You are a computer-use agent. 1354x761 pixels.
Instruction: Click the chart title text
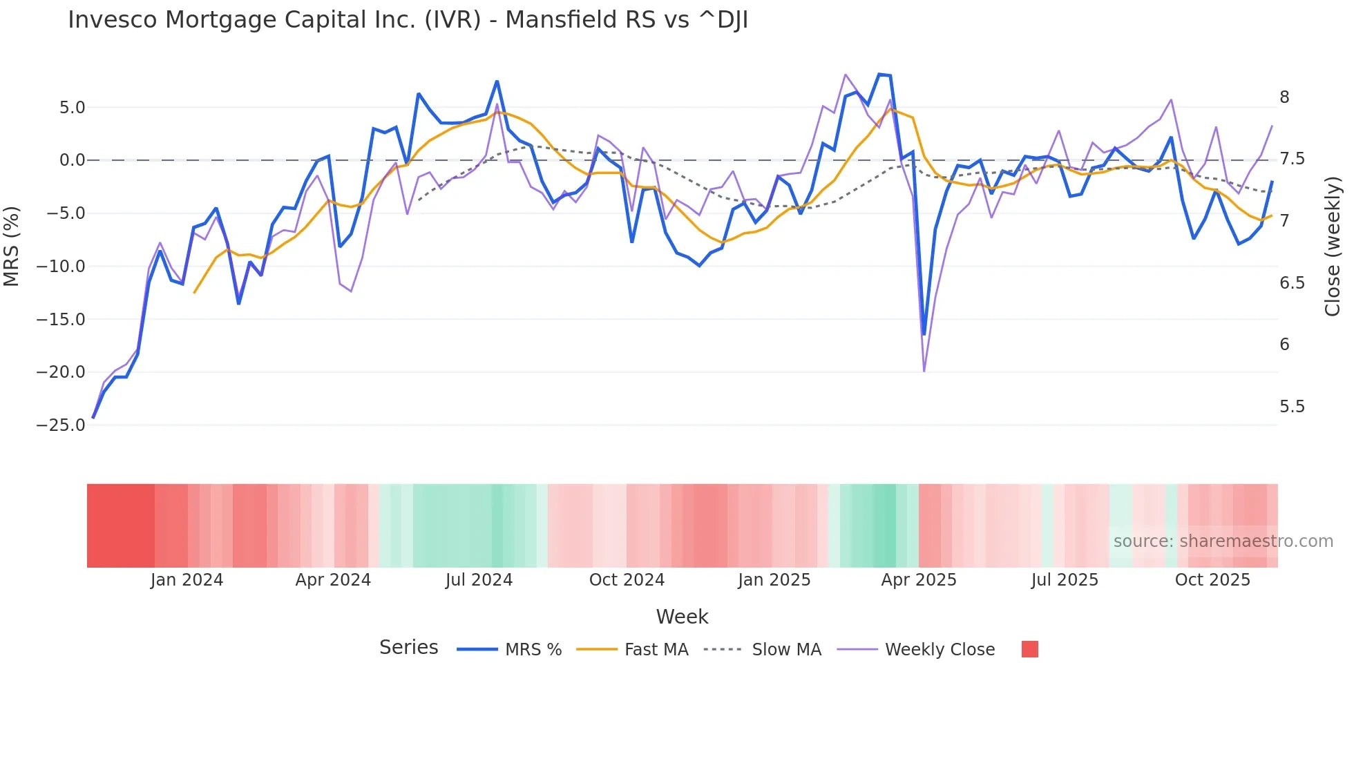(408, 20)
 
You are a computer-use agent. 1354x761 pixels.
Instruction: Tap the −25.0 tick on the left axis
(61, 425)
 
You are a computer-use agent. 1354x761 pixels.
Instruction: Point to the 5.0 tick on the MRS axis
(72, 107)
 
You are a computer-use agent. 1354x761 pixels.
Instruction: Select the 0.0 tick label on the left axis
(72, 160)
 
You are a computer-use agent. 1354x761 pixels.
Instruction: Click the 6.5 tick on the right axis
(1292, 283)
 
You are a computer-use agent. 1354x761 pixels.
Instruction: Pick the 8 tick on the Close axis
(1284, 97)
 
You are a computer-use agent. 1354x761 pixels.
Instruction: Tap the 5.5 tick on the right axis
(1292, 407)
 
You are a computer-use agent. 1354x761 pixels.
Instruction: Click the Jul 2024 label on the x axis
(479, 580)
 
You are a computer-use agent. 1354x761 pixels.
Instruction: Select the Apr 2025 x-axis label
(918, 580)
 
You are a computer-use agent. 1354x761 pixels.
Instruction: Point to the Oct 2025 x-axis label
(1212, 580)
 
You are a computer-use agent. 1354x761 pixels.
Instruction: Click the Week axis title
(682, 617)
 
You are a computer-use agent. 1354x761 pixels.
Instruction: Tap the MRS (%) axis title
(11, 246)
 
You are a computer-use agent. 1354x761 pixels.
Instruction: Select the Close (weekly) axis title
(1333, 246)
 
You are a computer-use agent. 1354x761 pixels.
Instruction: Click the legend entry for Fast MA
(656, 650)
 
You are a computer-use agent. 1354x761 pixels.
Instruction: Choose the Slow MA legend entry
(786, 650)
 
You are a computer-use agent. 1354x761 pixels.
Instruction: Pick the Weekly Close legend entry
(940, 650)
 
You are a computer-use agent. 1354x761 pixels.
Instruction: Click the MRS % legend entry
(533, 650)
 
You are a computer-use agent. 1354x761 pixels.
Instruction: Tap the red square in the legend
(1029, 649)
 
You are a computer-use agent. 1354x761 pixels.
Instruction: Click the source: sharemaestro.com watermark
(1223, 541)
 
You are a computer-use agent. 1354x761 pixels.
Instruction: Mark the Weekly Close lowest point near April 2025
(924, 372)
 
